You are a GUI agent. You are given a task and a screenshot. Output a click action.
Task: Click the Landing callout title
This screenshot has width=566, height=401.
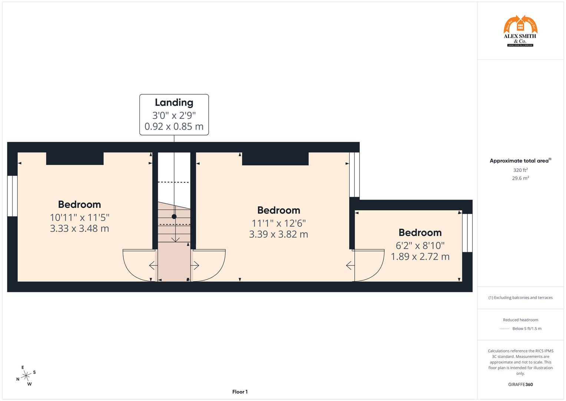point(174,102)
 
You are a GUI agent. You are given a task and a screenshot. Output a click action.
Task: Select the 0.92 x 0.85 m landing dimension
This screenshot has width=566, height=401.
point(174,127)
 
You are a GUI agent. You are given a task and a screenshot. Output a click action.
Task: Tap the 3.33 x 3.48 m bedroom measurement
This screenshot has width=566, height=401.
point(79,228)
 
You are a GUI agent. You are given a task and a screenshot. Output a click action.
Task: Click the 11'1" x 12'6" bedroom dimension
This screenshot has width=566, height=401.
point(278,223)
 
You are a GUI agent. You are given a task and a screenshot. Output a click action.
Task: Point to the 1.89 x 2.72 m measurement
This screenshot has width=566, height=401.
point(420,257)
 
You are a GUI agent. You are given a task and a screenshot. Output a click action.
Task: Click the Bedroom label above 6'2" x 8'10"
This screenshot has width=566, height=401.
point(420,233)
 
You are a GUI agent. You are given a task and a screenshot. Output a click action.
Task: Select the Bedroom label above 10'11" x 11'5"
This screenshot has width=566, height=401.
point(79,205)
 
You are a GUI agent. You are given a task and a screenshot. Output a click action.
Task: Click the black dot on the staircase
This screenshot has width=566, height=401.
point(174,216)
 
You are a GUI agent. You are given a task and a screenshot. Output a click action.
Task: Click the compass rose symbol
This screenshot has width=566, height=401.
point(26,376)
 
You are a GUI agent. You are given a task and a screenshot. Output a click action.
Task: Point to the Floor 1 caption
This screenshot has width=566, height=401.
point(240,392)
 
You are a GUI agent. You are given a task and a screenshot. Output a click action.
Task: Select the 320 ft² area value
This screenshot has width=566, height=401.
point(520,170)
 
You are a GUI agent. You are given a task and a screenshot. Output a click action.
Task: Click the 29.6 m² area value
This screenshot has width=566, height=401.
point(520,178)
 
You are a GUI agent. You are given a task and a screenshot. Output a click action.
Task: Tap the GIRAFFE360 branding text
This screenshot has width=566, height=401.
point(520,385)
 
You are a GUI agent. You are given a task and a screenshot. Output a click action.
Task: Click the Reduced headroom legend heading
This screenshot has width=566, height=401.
point(520,320)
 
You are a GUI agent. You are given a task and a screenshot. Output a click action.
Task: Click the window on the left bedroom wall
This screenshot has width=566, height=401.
point(13,196)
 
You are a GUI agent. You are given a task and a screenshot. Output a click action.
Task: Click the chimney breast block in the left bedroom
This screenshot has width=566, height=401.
point(75,159)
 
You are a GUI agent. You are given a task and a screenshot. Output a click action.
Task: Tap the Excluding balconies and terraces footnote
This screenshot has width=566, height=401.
point(520,297)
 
